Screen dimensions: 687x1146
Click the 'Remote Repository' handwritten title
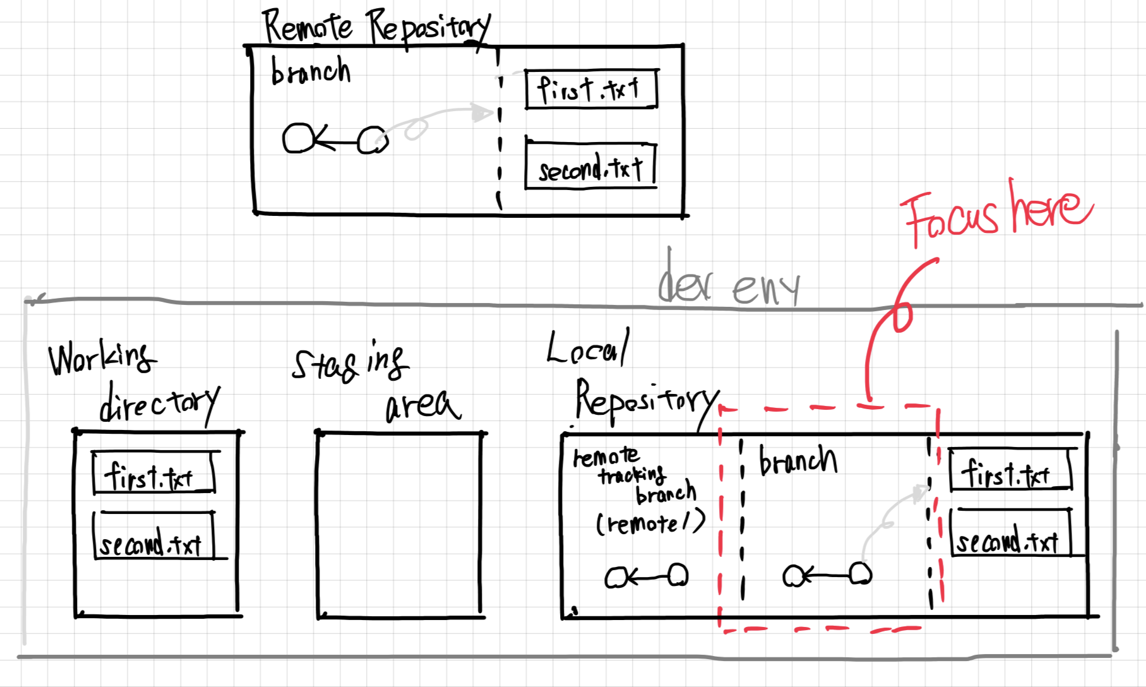coord(376,27)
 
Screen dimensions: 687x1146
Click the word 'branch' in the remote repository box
coord(310,71)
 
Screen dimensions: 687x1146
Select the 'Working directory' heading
coord(133,382)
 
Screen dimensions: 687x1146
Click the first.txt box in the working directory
coord(153,473)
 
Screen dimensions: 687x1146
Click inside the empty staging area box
coord(399,524)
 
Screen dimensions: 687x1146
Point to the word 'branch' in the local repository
coord(798,460)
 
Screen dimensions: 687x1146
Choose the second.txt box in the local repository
coord(1010,534)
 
